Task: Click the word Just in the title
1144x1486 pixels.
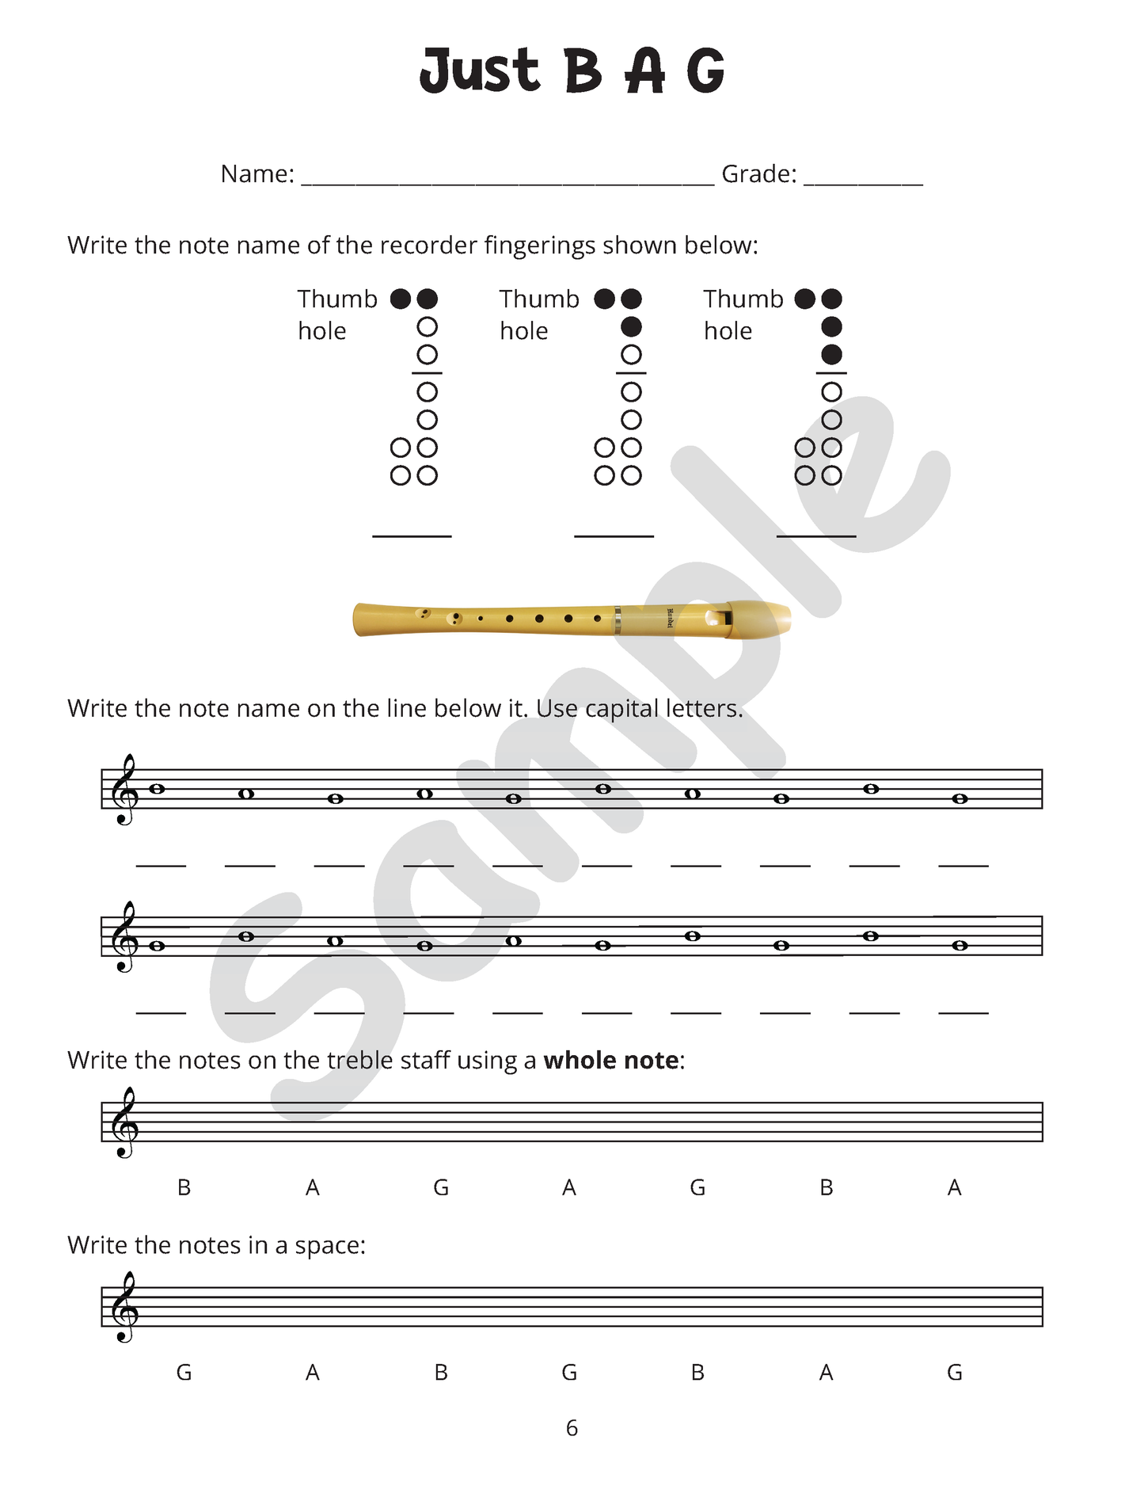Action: tap(479, 71)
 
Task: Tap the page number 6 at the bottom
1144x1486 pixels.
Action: tap(572, 1428)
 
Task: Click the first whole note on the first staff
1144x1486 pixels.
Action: tap(157, 789)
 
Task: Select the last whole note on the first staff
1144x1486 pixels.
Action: tap(960, 799)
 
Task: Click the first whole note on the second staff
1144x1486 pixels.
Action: tap(157, 946)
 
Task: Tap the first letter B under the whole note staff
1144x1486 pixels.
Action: tap(184, 1188)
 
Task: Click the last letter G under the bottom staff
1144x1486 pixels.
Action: tap(955, 1373)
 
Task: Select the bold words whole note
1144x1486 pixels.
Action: tap(610, 1061)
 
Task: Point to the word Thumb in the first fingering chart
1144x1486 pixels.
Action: tap(337, 299)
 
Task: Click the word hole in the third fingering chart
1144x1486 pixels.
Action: tap(728, 331)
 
